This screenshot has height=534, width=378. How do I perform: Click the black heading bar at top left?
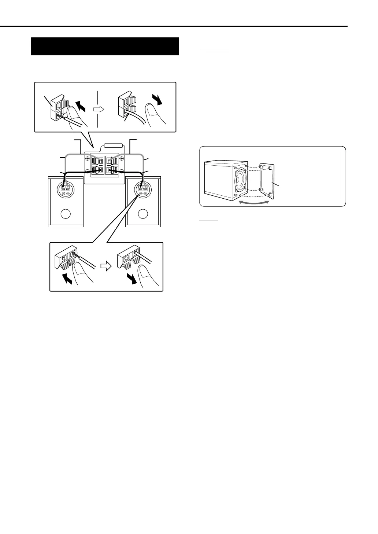[x=105, y=46]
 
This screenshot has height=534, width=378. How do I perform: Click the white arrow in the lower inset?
[x=105, y=267]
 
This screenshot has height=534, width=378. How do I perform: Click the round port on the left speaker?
[x=66, y=213]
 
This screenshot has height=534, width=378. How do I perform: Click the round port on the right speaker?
[x=143, y=213]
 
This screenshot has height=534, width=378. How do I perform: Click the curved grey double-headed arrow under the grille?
[x=254, y=202]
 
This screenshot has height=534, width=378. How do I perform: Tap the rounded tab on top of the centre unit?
[x=114, y=146]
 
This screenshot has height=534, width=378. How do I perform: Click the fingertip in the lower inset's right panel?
[x=141, y=269]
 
